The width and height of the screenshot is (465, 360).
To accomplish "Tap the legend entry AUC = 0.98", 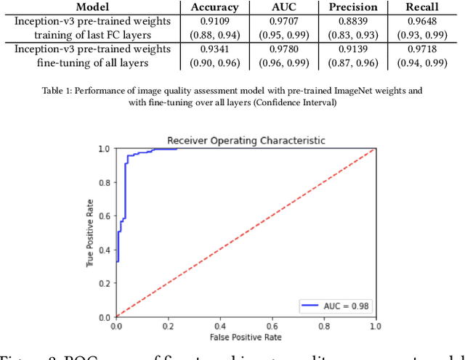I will [x=341, y=306].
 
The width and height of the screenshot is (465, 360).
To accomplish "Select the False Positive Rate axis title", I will [x=245, y=338].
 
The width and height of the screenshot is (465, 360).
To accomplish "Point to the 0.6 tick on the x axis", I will [x=271, y=327].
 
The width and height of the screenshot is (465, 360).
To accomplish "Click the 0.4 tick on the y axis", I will [x=105, y=250].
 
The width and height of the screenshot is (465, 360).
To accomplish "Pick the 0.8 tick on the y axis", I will [x=105, y=182].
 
